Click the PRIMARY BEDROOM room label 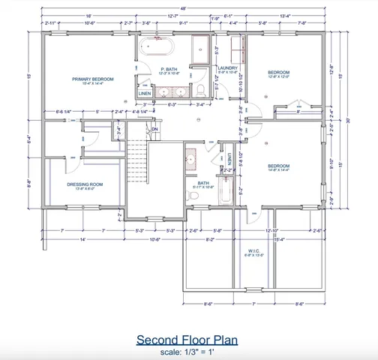pyautogui.click(x=92, y=79)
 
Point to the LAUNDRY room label pyautogui.click(x=227, y=68)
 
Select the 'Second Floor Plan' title pyautogui.click(x=187, y=340)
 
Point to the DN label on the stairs pyautogui.click(x=154, y=129)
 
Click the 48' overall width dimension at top pyautogui.click(x=182, y=7)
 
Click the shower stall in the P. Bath pyautogui.click(x=200, y=51)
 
